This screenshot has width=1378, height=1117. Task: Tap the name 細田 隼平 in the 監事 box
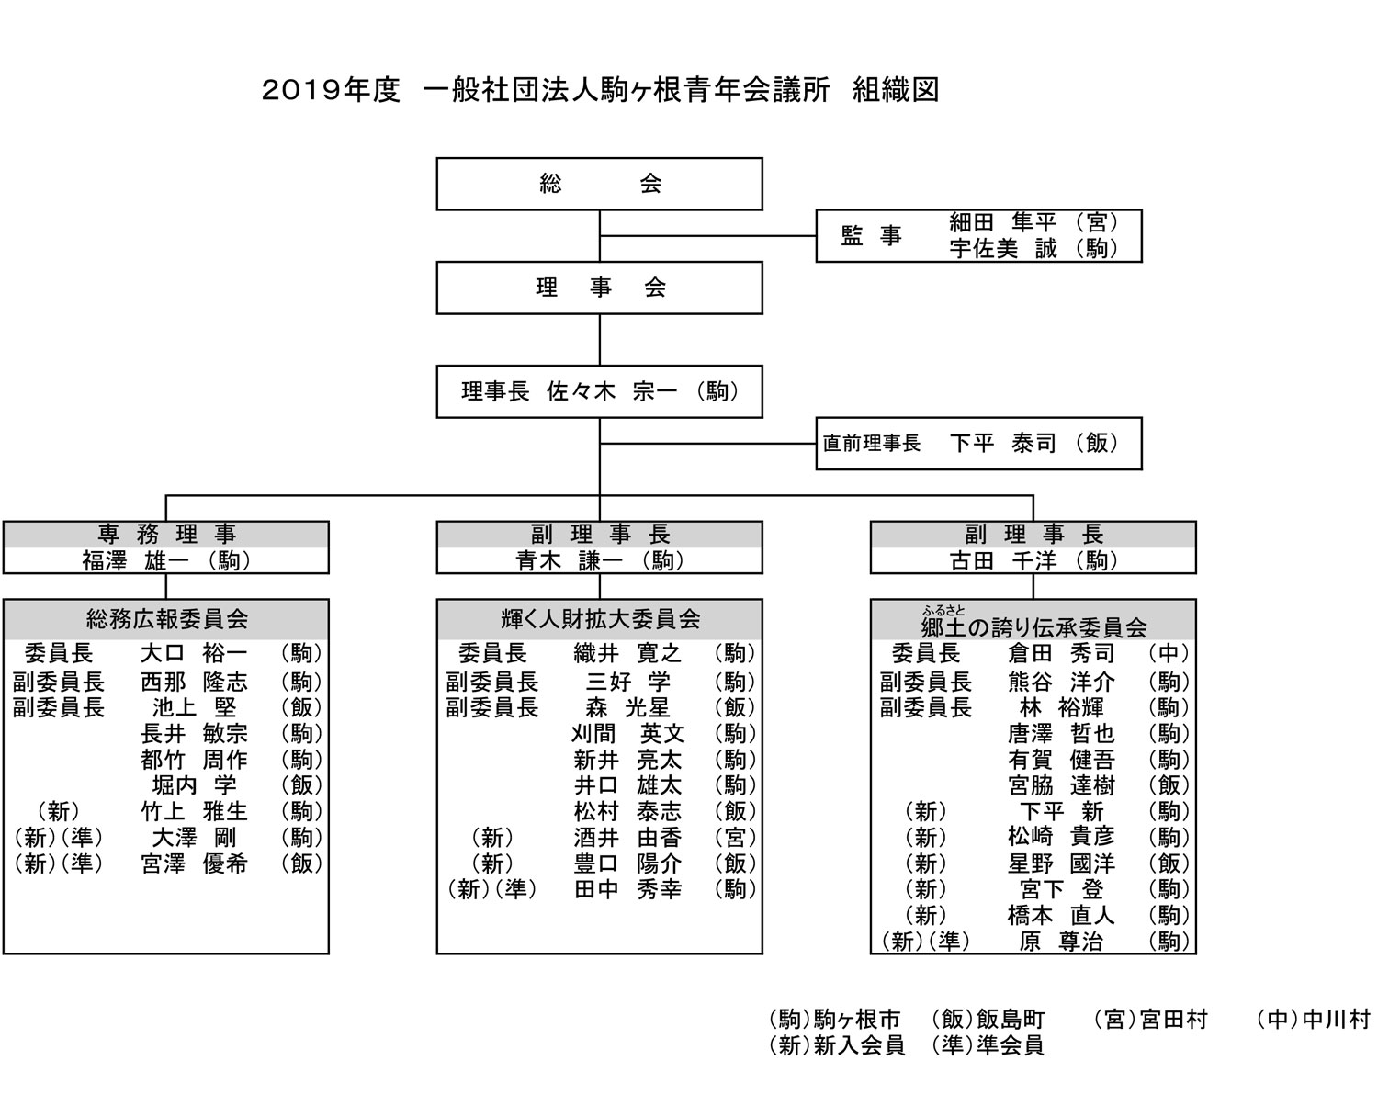(x=1002, y=222)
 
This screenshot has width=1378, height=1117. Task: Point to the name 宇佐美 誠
(x=1002, y=248)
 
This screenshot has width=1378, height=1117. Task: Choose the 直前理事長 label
(x=871, y=444)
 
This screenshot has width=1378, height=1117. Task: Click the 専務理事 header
(x=166, y=535)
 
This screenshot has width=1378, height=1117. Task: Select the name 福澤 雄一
(x=135, y=560)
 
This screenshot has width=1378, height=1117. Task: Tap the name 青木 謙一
(x=569, y=560)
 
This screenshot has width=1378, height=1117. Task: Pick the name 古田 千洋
(x=1002, y=560)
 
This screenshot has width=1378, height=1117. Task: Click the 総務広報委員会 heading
(x=167, y=620)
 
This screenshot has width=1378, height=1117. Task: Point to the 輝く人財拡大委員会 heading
(x=601, y=620)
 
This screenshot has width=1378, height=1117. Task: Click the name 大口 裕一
(x=194, y=653)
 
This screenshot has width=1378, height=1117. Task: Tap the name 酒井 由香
(x=627, y=838)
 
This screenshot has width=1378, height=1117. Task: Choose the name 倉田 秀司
(x=1060, y=653)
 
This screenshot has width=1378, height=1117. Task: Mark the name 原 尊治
(x=1060, y=941)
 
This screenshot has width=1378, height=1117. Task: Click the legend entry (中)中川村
(x=1313, y=1020)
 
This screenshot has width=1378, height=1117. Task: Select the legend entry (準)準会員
(x=988, y=1045)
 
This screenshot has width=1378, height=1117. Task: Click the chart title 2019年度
(x=331, y=90)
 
